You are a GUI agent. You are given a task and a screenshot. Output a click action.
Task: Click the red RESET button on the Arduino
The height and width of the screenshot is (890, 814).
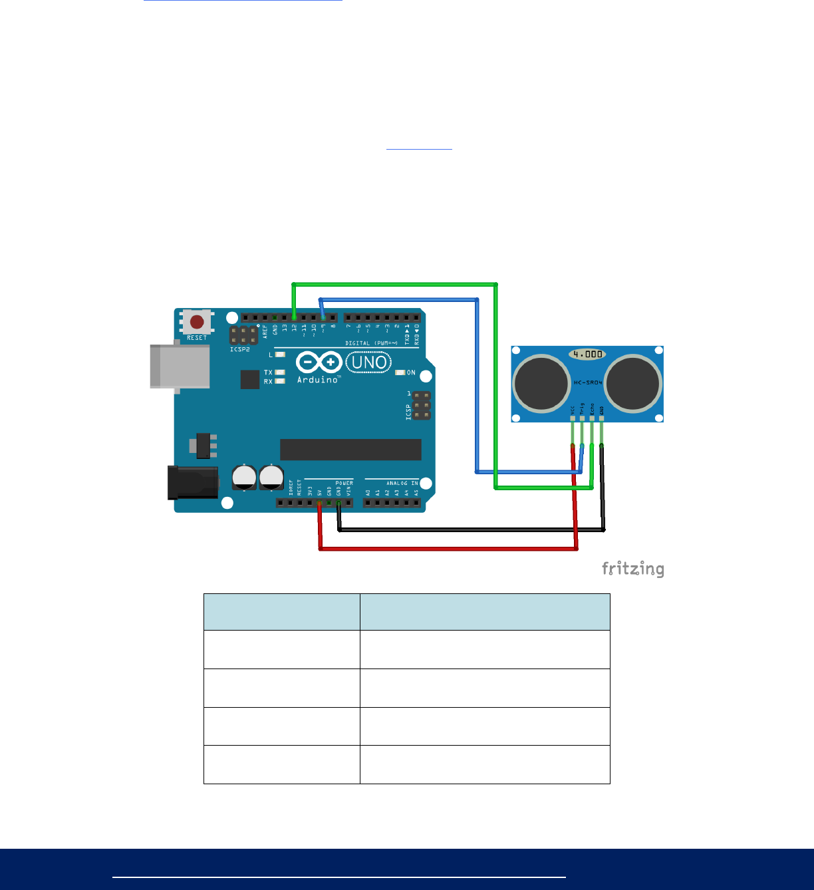197,322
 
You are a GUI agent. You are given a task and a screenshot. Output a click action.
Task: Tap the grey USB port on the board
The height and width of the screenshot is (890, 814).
180,365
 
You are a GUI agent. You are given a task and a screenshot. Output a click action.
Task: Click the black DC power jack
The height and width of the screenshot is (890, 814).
193,482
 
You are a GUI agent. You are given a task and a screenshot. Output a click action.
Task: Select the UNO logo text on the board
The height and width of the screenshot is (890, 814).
368,363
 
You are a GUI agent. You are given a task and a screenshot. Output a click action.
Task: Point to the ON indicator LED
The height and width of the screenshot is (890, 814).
400,372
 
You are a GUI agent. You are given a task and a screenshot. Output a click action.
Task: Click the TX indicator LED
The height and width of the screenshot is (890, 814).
280,372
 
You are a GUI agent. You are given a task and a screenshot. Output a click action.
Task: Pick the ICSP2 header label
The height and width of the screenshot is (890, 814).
240,349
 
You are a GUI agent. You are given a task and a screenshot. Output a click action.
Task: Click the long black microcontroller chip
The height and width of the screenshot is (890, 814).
350,450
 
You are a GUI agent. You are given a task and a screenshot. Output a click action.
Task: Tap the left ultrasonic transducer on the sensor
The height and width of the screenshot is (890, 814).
541,383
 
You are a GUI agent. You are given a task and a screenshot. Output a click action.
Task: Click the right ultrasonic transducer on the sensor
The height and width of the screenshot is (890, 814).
632,383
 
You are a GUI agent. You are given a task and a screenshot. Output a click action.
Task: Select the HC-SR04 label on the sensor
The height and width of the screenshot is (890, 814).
587,382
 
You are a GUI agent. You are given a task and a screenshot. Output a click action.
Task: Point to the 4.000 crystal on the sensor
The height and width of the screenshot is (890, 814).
587,355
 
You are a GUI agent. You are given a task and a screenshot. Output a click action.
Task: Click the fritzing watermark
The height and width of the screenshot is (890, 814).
632,569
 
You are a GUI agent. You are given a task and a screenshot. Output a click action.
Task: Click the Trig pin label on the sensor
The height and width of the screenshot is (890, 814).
582,408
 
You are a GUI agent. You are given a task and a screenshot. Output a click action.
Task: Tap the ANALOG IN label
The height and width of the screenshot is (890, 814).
402,484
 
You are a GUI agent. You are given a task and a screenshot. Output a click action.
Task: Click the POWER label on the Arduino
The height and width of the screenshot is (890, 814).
344,483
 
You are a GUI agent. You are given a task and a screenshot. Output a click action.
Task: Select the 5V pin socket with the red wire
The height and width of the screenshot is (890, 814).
320,503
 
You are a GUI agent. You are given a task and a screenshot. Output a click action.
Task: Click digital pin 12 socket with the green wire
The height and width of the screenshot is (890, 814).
294,318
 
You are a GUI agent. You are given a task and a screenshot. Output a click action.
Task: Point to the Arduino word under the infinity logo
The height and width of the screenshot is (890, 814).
318,380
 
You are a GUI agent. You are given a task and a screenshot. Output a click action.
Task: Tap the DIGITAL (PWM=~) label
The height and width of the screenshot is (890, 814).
371,343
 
